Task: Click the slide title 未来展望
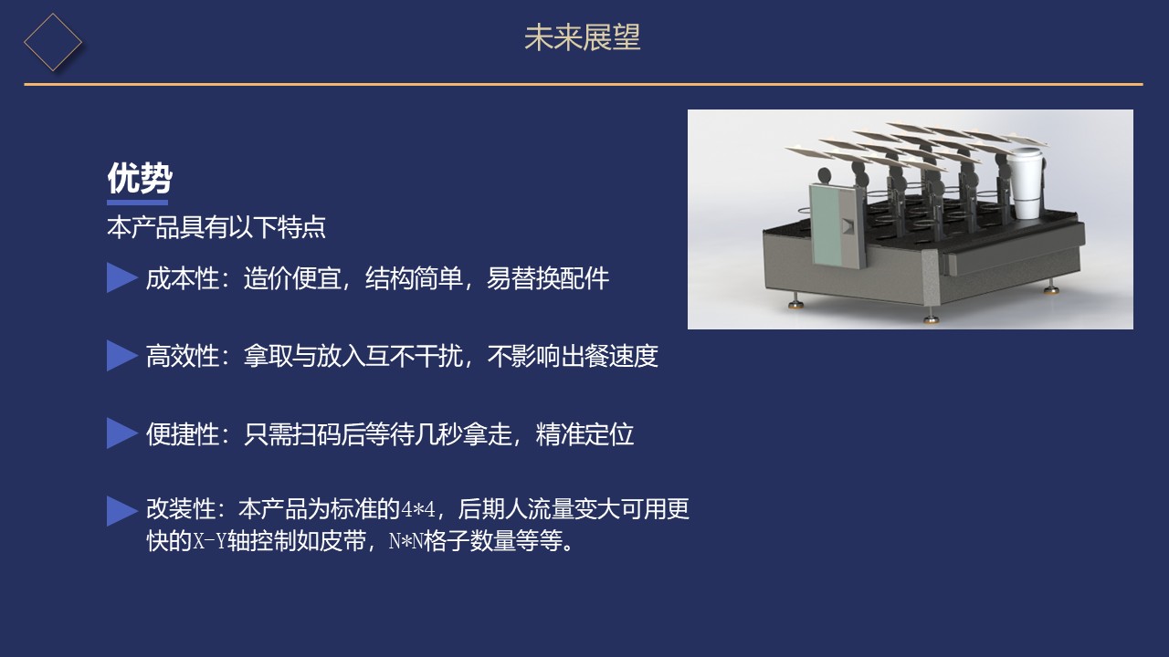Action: click(x=583, y=37)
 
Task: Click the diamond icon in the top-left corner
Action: click(x=52, y=41)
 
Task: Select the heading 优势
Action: click(x=139, y=178)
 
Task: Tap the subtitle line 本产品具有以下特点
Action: click(x=216, y=227)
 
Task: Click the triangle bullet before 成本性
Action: click(x=121, y=277)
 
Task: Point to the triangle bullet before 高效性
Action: click(x=121, y=356)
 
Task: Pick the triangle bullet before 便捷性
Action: click(x=121, y=433)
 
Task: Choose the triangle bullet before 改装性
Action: click(x=121, y=511)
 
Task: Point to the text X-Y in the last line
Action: click(x=210, y=541)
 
